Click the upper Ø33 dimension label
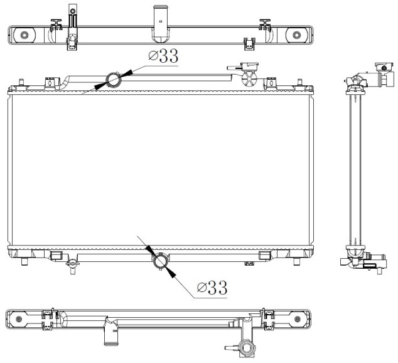coord(163,56)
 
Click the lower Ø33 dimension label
coord(212,288)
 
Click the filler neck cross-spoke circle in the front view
coord(249,79)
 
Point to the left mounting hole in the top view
coord(24,35)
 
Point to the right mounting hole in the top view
coord(296,35)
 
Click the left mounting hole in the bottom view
coord(19,319)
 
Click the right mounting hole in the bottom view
coord(298,319)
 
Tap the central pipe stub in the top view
coord(161,24)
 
